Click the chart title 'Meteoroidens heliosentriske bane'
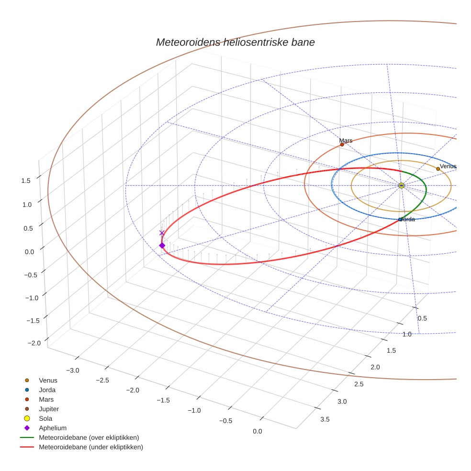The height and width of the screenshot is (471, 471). pos(235,42)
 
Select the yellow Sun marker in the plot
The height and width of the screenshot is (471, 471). pos(401,185)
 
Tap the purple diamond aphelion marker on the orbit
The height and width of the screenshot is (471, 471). pos(162,246)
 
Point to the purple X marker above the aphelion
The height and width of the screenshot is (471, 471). pos(162,233)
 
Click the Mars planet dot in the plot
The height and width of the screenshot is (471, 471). pos(342,145)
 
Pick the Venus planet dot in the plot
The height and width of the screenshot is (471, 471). pos(438,169)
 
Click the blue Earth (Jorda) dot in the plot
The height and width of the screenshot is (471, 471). pos(400,220)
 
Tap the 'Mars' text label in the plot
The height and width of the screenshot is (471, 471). pos(346,141)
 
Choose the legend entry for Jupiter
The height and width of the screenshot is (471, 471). pos(48,409)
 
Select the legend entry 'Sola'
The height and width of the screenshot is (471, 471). pos(45,418)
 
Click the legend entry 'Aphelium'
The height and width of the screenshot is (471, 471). pos(52,428)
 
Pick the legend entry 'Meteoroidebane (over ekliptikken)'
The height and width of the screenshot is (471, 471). pos(89,437)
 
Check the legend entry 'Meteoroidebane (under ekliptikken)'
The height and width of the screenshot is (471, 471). pos(91,447)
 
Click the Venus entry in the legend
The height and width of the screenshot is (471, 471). pos(48,381)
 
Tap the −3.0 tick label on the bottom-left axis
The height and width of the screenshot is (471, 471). pos(72,370)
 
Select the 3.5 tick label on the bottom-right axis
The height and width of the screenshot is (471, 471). pos(325,419)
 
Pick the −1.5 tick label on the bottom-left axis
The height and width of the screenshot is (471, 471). pos(163,400)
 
